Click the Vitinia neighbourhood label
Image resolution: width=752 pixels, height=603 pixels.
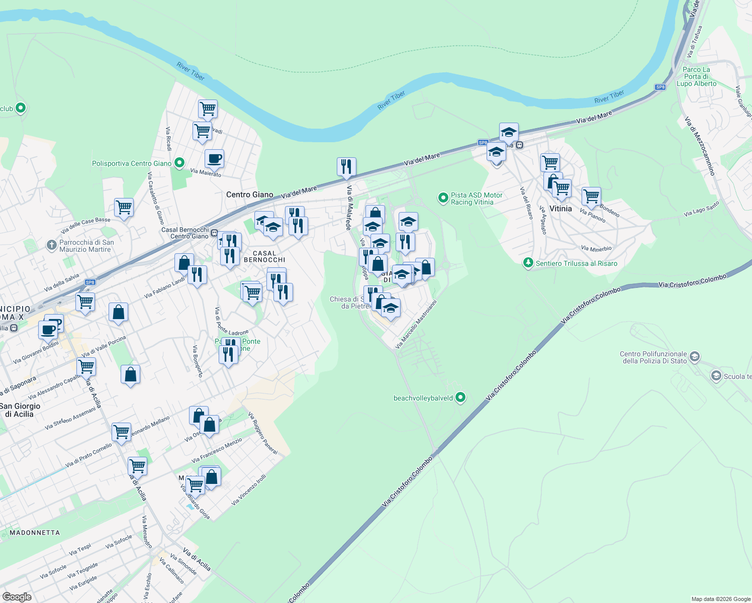pyautogui.click(x=560, y=209)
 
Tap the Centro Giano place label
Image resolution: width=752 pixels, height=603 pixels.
pyautogui.click(x=250, y=195)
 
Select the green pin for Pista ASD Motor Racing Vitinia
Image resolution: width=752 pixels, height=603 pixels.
pyautogui.click(x=443, y=198)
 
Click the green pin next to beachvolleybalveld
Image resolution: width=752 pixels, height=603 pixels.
pyautogui.click(x=460, y=398)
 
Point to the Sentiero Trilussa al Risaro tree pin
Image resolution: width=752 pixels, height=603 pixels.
pyautogui.click(x=528, y=263)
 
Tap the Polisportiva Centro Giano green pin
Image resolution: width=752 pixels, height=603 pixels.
pyautogui.click(x=179, y=163)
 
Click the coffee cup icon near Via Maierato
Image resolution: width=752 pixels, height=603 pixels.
pyautogui.click(x=214, y=159)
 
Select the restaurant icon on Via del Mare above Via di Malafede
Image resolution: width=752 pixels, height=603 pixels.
pyautogui.click(x=346, y=167)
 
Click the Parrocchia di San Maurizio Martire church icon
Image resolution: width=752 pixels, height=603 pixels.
pyautogui.click(x=51, y=245)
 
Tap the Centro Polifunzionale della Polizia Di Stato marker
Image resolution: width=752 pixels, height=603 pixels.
pyautogui.click(x=695, y=357)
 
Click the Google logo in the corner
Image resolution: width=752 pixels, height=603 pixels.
pyautogui.click(x=17, y=596)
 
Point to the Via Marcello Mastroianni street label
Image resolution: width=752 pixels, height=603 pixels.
pyautogui.click(x=416, y=325)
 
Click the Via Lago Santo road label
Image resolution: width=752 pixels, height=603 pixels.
pyautogui.click(x=701, y=209)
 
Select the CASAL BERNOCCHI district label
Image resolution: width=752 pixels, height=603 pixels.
pyautogui.click(x=264, y=257)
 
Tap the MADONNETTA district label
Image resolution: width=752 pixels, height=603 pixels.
pyautogui.click(x=35, y=533)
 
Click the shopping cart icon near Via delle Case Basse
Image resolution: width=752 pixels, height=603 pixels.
pyautogui.click(x=123, y=207)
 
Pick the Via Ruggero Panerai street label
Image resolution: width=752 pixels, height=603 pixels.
pyautogui.click(x=263, y=433)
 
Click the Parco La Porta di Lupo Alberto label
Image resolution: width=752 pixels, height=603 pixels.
pyautogui.click(x=696, y=77)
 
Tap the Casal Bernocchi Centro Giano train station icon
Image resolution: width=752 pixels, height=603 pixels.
pyautogui.click(x=214, y=233)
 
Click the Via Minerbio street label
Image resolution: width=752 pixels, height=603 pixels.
pyautogui.click(x=596, y=248)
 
